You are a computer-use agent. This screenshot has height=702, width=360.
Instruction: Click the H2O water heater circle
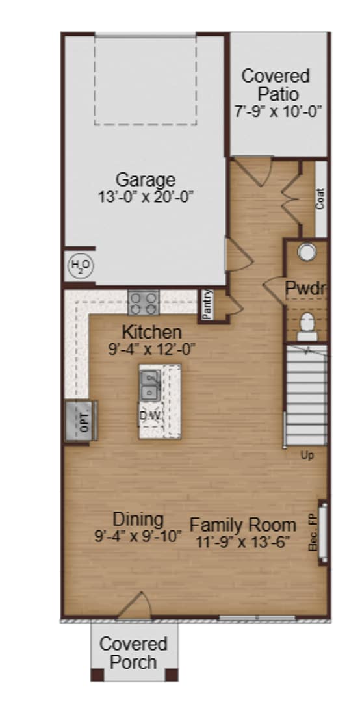click(81, 266)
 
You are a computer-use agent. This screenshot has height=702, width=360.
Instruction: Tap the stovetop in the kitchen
click(144, 302)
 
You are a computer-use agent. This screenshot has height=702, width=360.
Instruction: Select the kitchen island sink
click(150, 384)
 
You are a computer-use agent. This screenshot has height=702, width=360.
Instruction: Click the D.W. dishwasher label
click(150, 415)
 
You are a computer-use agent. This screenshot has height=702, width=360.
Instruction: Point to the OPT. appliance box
click(82, 422)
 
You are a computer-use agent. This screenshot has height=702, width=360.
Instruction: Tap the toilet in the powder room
click(307, 327)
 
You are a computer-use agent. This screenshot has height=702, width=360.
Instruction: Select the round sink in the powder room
click(306, 251)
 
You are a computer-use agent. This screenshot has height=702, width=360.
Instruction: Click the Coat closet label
click(320, 199)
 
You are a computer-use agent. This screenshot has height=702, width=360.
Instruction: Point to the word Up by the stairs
click(307, 456)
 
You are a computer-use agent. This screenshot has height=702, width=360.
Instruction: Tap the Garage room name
click(146, 179)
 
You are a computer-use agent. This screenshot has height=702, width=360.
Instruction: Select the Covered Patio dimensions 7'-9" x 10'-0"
click(279, 111)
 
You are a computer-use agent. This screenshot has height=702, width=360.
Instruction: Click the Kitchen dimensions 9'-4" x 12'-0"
click(151, 349)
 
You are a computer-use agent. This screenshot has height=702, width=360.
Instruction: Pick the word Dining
click(138, 519)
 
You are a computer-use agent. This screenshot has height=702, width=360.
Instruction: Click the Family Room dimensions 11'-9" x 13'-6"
click(243, 541)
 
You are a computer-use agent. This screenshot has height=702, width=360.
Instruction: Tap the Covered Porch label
click(133, 653)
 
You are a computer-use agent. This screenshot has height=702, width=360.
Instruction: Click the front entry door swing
click(136, 607)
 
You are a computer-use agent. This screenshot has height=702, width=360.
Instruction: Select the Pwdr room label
click(305, 288)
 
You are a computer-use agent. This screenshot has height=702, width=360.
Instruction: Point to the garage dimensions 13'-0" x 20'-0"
click(146, 196)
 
